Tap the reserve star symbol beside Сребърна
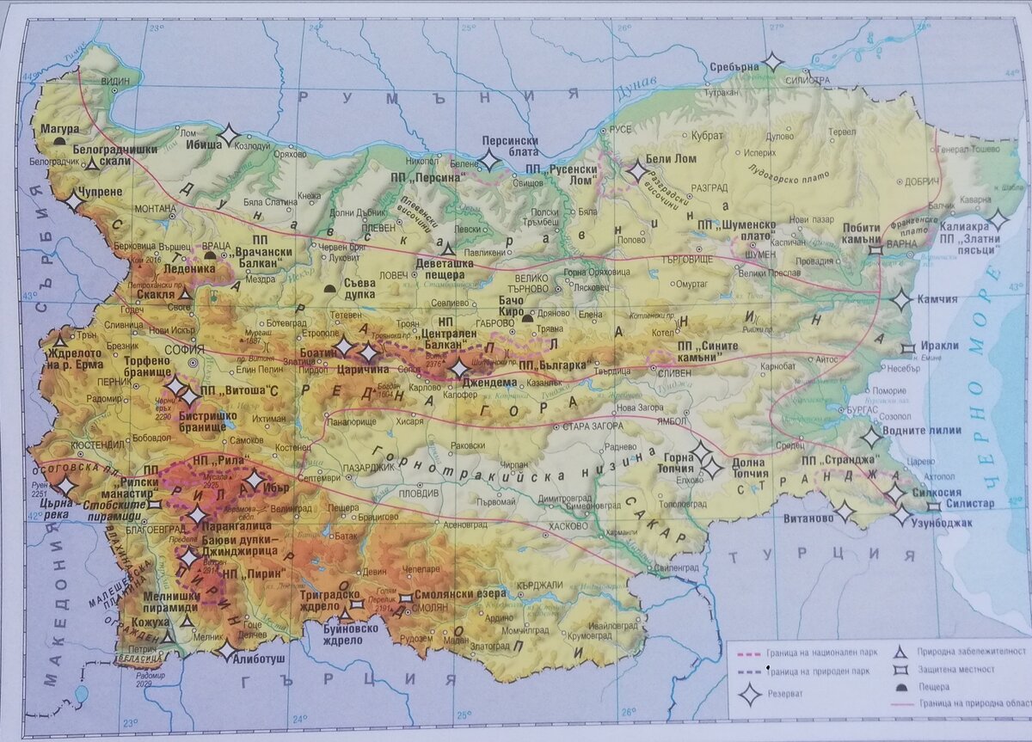772,62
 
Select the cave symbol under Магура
59,140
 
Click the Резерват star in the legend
750,693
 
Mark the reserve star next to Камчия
900,301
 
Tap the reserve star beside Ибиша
228,136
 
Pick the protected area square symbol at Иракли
906,348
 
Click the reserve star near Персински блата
488,160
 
